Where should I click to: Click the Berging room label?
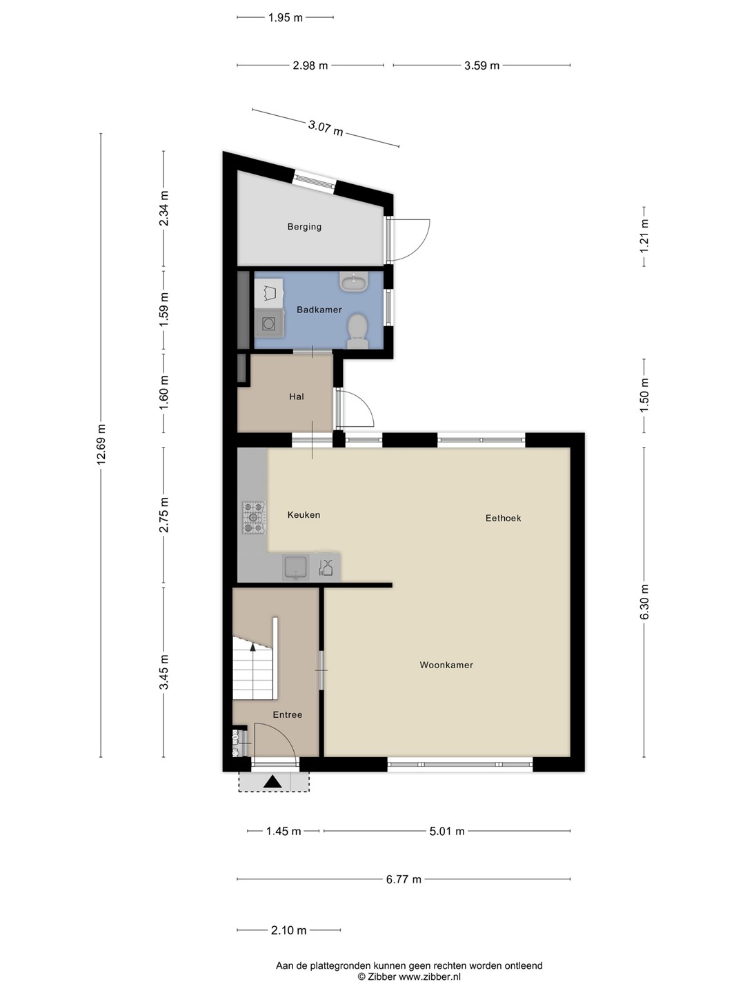click(x=304, y=227)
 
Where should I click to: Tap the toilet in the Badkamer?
click(x=357, y=331)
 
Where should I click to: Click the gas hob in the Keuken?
click(x=253, y=517)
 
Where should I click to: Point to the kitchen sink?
click(x=296, y=568)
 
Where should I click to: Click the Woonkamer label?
click(x=446, y=665)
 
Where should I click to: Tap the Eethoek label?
click(x=503, y=519)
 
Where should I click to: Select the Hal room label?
click(x=297, y=397)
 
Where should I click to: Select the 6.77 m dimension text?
click(x=404, y=879)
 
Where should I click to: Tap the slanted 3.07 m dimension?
click(x=325, y=128)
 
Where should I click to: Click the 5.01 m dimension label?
click(x=447, y=831)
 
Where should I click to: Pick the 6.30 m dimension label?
click(x=644, y=602)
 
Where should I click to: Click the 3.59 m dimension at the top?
click(x=481, y=66)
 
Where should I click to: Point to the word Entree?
click(x=287, y=715)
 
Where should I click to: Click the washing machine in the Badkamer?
click(x=269, y=323)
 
